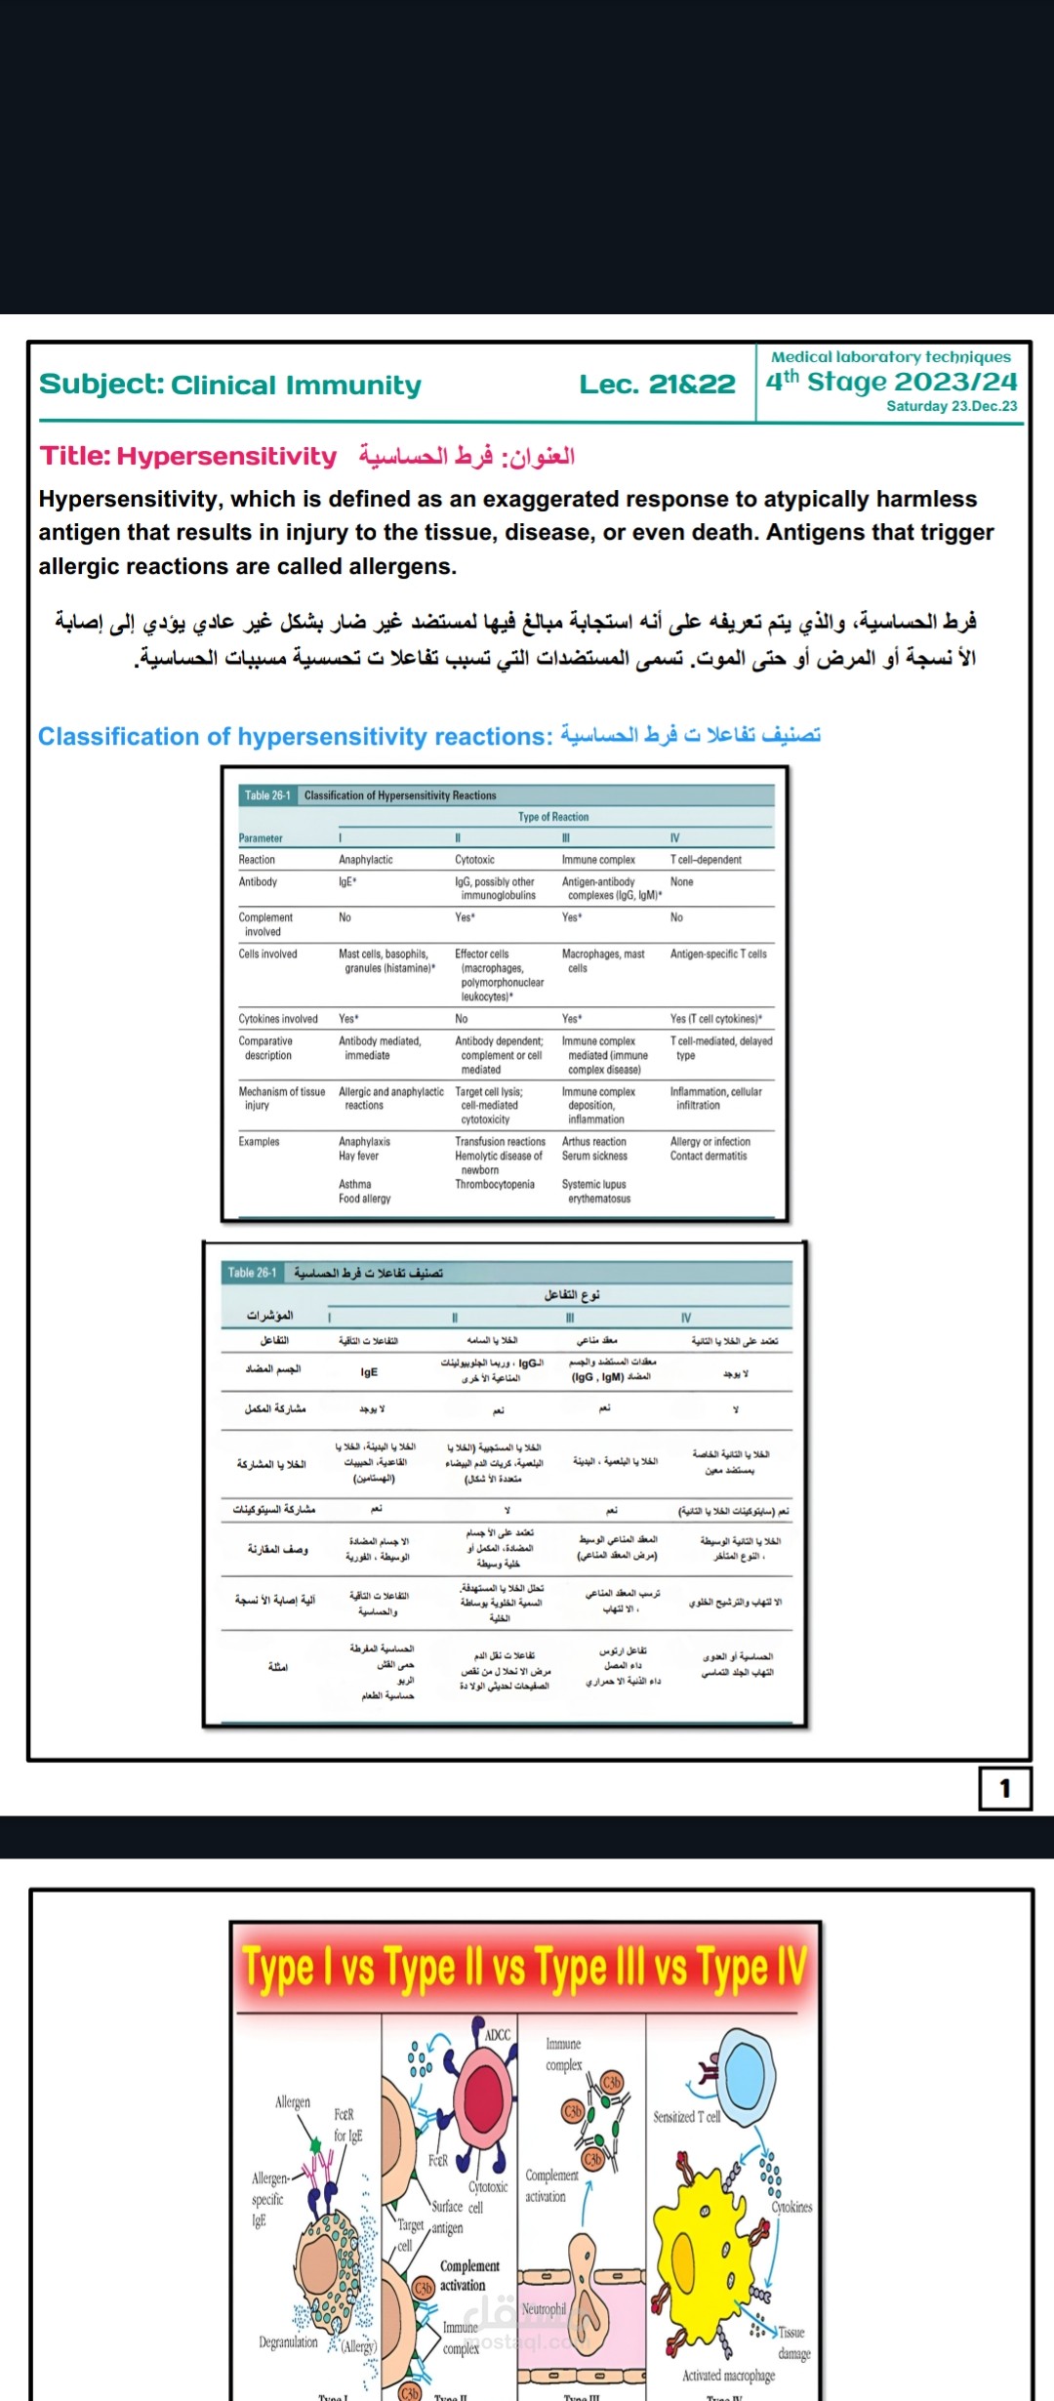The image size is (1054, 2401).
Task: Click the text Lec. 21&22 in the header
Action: click(657, 385)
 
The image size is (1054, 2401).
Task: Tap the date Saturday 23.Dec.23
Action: click(952, 406)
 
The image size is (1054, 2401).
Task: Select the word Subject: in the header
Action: click(101, 385)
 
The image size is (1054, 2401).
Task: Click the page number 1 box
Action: click(1004, 1789)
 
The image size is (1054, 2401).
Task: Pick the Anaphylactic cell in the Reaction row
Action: click(366, 860)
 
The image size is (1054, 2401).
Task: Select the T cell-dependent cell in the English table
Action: click(706, 860)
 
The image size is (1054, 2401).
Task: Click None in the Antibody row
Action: click(681, 881)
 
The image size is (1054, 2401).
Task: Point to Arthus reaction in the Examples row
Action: click(593, 1141)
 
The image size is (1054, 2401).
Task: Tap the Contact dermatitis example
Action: click(709, 1156)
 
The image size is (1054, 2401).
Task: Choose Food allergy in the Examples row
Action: click(364, 1199)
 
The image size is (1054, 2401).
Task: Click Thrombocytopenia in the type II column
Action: click(495, 1184)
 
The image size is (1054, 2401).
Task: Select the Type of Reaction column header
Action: click(553, 817)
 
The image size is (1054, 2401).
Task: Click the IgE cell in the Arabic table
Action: click(369, 1371)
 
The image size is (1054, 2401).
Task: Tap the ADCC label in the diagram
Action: click(498, 2035)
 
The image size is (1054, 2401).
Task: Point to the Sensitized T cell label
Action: click(686, 2117)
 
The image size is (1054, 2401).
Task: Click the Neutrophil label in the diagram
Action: click(544, 2309)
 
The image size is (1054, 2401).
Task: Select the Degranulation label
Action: click(288, 2342)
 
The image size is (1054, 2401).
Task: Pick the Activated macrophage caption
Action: click(728, 2376)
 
